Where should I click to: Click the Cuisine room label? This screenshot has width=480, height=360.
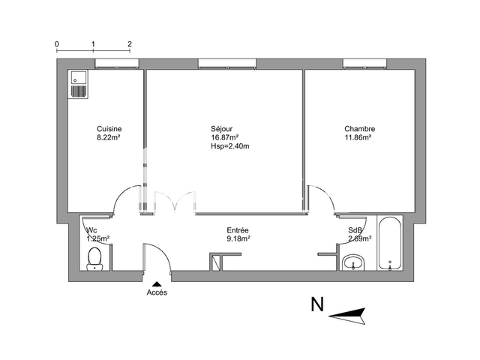point(109,128)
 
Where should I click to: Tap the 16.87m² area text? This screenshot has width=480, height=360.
point(225,137)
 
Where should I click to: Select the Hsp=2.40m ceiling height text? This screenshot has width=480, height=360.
point(229,146)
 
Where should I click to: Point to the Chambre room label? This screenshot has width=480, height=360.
point(359,128)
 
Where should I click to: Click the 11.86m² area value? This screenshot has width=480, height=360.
point(358,137)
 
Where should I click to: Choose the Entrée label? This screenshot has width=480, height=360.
point(238,230)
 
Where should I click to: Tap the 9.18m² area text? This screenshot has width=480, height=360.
point(238,239)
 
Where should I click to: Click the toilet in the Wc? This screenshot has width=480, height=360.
point(94,259)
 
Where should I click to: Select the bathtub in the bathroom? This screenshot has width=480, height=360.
point(391,244)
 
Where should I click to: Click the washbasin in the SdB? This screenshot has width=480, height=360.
point(353,262)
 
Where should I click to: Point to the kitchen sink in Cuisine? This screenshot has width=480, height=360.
point(79,84)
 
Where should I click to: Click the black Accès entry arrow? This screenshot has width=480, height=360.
point(157,283)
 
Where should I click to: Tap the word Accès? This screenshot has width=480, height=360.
point(157,293)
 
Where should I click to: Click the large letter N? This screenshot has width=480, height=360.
point(317,305)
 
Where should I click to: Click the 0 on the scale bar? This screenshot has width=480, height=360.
point(57,43)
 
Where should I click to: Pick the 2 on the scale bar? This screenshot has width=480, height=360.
point(130,43)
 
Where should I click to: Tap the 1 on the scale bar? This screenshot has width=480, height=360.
point(93,43)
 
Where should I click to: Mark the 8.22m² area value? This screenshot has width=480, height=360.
point(109,137)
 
